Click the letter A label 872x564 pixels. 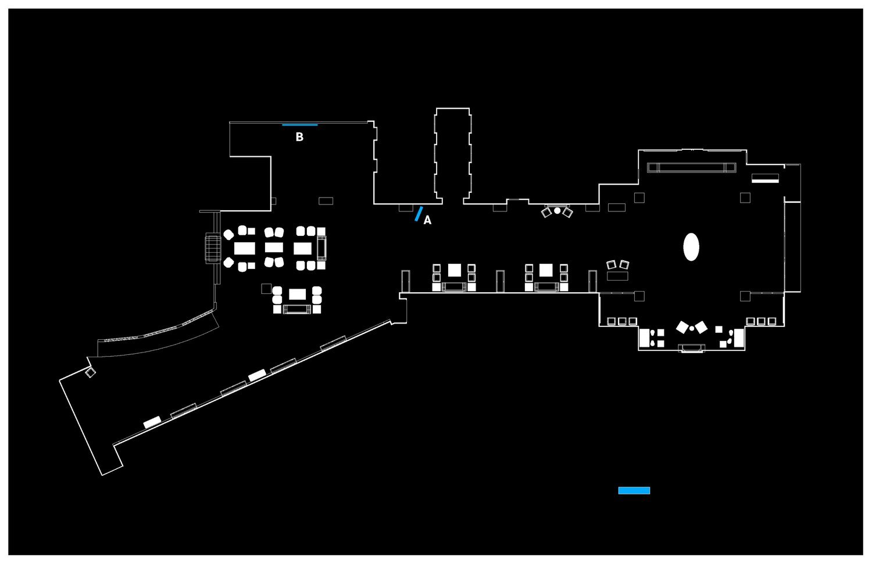[427, 221]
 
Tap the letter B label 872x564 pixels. [300, 138]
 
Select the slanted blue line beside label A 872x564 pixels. [419, 214]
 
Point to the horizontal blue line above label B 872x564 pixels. [300, 125]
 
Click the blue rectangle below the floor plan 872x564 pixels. [634, 491]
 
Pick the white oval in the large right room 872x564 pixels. [691, 247]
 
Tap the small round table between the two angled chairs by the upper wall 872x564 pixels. [557, 210]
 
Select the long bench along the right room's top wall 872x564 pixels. [692, 168]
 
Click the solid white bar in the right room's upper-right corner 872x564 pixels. [764, 181]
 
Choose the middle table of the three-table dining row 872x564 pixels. [274, 248]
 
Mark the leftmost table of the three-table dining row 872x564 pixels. [244, 249]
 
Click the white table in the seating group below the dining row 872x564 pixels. [297, 294]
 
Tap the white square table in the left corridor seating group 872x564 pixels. [454, 270]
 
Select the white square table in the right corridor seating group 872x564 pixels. [545, 270]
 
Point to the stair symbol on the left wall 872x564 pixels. [212, 248]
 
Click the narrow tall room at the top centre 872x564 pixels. [452, 154]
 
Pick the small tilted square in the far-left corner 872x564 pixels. [90, 372]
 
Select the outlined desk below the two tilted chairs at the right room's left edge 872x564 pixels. [617, 276]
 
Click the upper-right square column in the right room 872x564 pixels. [745, 197]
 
